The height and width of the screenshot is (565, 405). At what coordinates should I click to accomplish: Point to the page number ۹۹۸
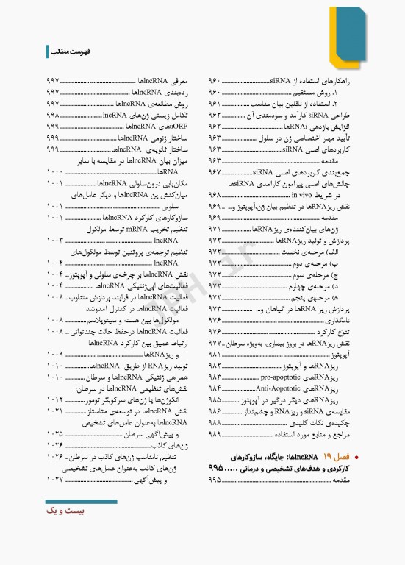pyautogui.click(x=52, y=116)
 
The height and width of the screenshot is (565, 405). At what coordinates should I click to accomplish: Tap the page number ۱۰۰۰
pyautogui.click(x=54, y=171)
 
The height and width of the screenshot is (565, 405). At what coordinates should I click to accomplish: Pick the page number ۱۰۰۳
pyautogui.click(x=54, y=240)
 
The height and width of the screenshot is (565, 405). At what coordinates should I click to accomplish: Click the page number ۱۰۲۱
pyautogui.click(x=54, y=411)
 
